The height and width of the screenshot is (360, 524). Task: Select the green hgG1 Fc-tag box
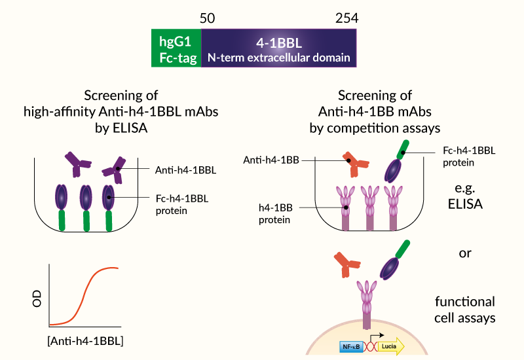click(176, 49)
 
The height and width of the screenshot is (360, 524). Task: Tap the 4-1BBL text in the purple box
click(278, 41)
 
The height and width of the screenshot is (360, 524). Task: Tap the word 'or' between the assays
click(465, 251)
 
